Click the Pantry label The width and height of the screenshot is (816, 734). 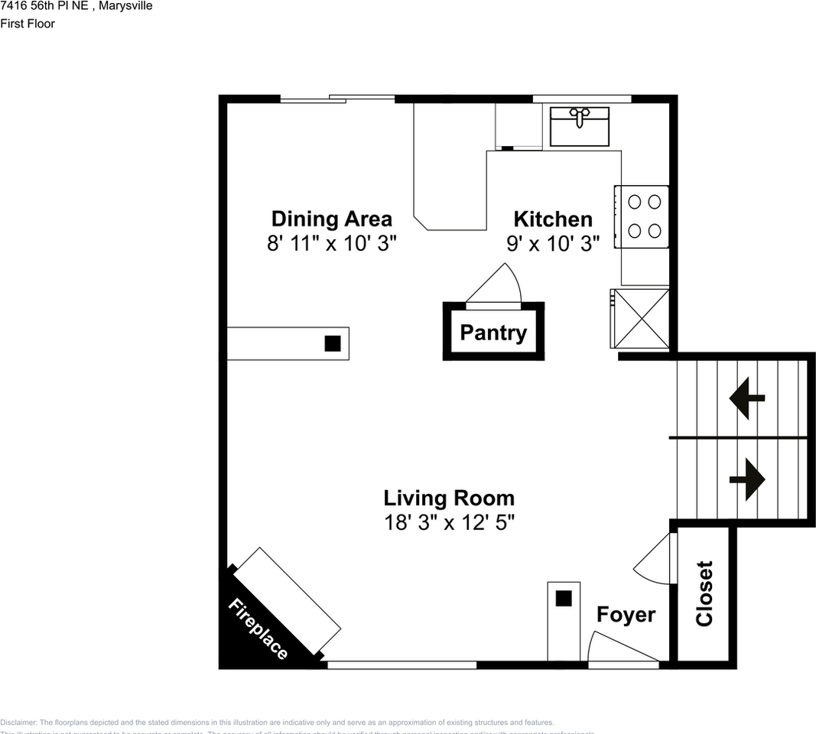pyautogui.click(x=493, y=333)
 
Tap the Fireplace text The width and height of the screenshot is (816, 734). pyautogui.click(x=258, y=628)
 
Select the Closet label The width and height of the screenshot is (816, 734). pyautogui.click(x=704, y=593)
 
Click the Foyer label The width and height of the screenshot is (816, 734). pyautogui.click(x=626, y=615)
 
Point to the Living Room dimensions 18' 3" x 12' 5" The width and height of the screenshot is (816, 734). pyautogui.click(x=449, y=523)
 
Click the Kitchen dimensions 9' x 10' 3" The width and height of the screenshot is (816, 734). pyautogui.click(x=552, y=243)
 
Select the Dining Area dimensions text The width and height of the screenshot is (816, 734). pyautogui.click(x=331, y=243)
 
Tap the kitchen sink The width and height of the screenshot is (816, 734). pyautogui.click(x=580, y=125)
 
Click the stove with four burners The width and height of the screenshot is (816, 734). pyautogui.click(x=643, y=216)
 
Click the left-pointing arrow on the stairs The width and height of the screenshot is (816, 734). pyautogui.click(x=747, y=398)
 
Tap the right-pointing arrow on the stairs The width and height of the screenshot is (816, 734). pyautogui.click(x=747, y=480)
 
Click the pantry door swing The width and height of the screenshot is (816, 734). pyautogui.click(x=496, y=286)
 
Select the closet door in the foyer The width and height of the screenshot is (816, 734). pyautogui.click(x=655, y=557)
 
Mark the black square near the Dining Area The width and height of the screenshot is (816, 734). pyautogui.click(x=332, y=343)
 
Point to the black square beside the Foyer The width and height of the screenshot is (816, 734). pyautogui.click(x=564, y=599)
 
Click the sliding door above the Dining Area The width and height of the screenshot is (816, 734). pyautogui.click(x=337, y=98)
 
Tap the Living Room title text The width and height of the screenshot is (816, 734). pyautogui.click(x=449, y=499)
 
